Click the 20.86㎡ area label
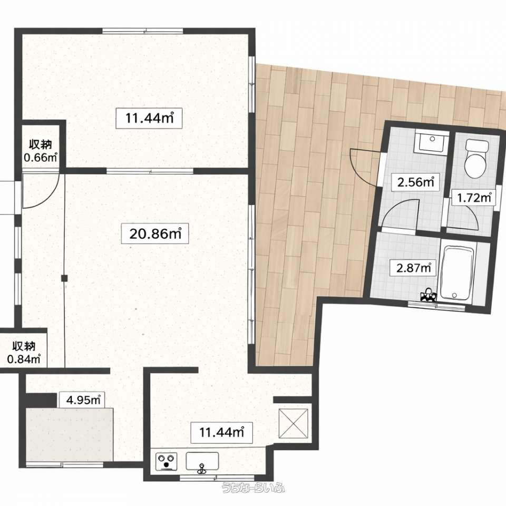pyautogui.click(x=155, y=233)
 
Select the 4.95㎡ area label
pyautogui.click(x=82, y=400)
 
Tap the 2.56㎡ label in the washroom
pyautogui.click(x=415, y=182)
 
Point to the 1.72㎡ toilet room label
pyautogui.click(x=473, y=197)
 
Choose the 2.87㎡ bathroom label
pyautogui.click(x=414, y=268)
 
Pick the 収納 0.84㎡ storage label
pyautogui.click(x=24, y=353)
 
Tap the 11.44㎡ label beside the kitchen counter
pyautogui.click(x=221, y=432)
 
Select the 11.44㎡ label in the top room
pyautogui.click(x=149, y=118)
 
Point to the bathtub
pyautogui.click(x=457, y=274)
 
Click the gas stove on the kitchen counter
pyautogui.click(x=166, y=462)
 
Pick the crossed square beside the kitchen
pyautogui.click(x=293, y=423)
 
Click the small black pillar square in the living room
pyautogui.click(x=64, y=278)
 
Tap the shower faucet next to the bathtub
pyautogui.click(x=428, y=295)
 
